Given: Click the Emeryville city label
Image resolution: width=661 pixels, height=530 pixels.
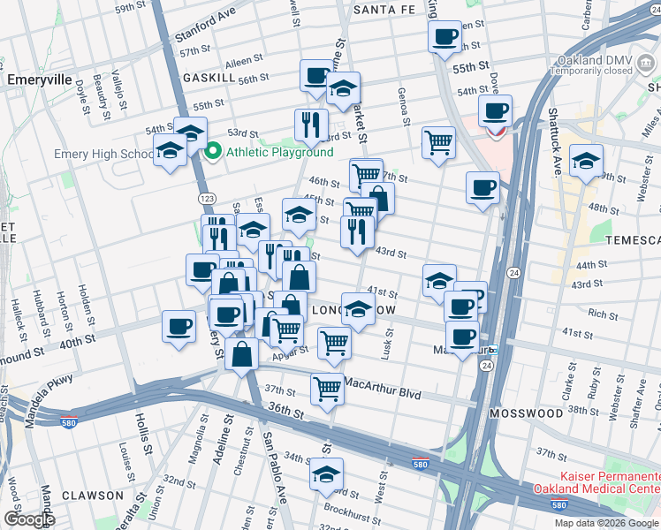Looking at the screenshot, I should tap(39, 79).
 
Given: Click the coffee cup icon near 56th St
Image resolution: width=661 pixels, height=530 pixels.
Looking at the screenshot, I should tap(316, 77).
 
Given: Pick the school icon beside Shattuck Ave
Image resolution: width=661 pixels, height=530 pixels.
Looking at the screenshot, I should tap(585, 162).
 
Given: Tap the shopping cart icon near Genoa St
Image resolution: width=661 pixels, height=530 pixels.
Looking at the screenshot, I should tap(438, 141).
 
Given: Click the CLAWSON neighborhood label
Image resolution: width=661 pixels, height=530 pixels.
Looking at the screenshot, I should tap(92, 496).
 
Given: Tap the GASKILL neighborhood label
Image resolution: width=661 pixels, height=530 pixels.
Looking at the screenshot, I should tap(209, 78).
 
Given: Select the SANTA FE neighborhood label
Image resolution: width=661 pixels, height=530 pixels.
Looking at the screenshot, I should tap(384, 10).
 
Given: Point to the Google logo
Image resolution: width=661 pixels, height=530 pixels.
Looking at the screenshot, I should tap(29, 519).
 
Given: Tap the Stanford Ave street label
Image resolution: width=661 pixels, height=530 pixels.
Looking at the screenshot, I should tap(206, 26).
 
